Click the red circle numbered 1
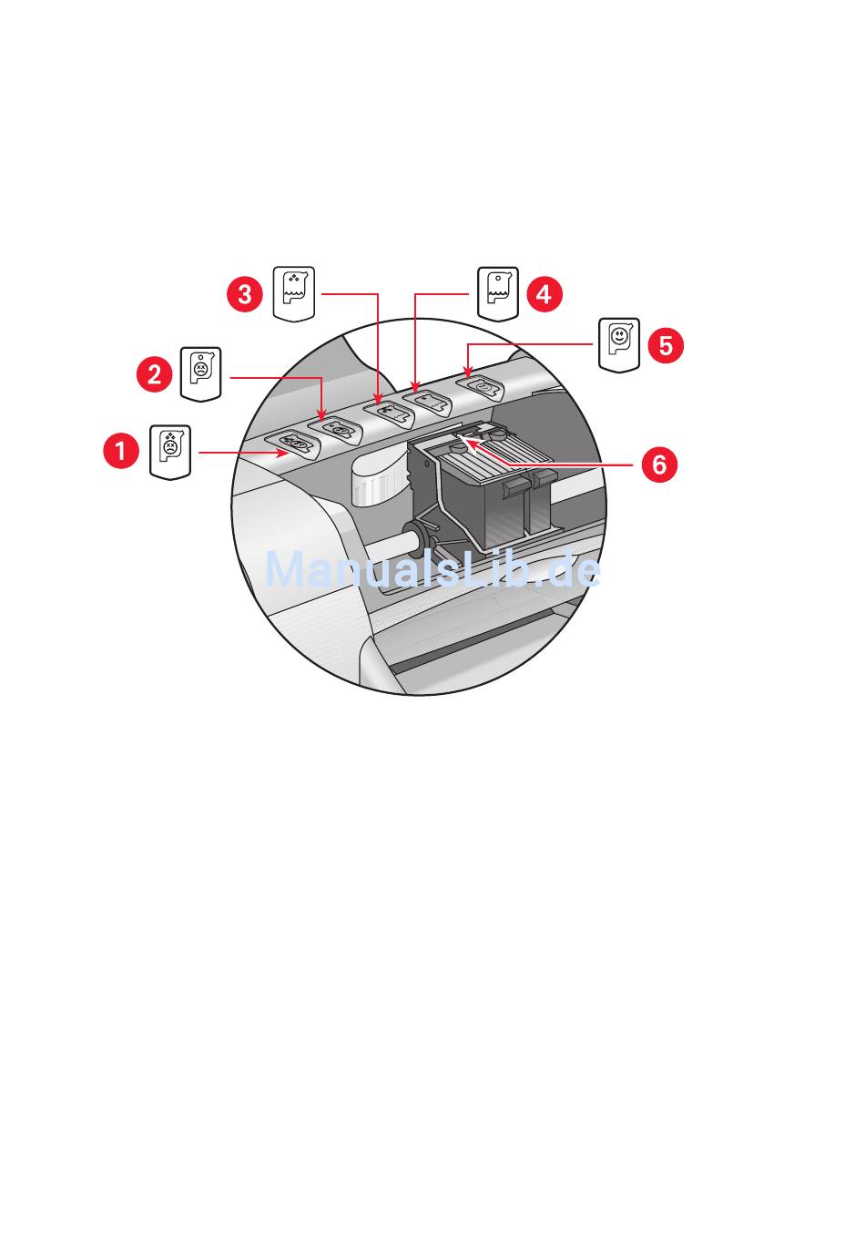pos(120,451)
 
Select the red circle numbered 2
pos(154,373)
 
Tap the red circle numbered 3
pos(245,293)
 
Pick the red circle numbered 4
pos(544,293)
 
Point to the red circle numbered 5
pos(666,345)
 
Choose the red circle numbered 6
pos(659,464)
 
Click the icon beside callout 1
pos(170,451)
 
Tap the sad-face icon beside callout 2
pos(200,373)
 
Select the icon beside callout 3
pos(294,293)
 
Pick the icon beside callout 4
pos(497,293)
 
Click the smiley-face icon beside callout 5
pos(619,343)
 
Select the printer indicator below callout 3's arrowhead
pos(388,411)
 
